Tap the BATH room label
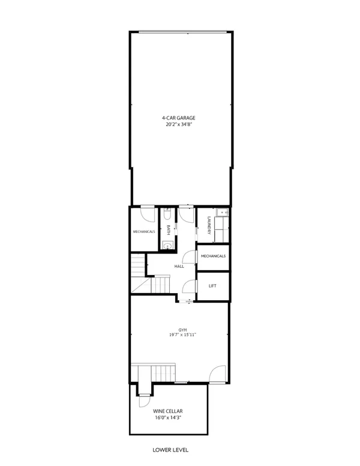point(169,231)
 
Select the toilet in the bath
point(167,214)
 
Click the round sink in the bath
point(167,244)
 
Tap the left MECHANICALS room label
point(144,232)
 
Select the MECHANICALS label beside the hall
point(214,256)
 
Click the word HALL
point(179,266)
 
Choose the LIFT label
point(212,286)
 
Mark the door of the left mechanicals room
point(148,215)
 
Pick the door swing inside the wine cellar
point(146,401)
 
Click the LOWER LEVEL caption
point(172,449)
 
